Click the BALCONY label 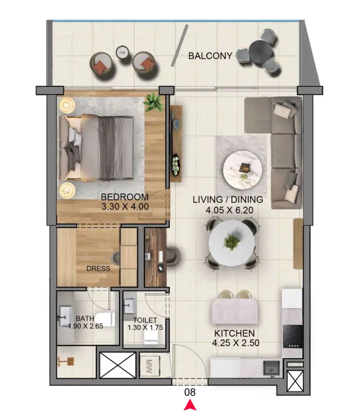click(x=210, y=56)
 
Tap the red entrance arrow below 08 click(x=190, y=404)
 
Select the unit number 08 click(x=190, y=392)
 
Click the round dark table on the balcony click(x=261, y=51)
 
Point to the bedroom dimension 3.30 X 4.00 click(x=125, y=207)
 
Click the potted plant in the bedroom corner click(x=153, y=102)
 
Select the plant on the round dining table click(x=232, y=242)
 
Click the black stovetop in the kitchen click(x=293, y=336)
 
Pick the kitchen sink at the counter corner click(x=271, y=368)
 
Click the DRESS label click(x=98, y=269)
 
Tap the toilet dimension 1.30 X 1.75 click(x=145, y=328)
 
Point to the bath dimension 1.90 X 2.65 click(x=85, y=326)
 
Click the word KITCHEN click(x=235, y=333)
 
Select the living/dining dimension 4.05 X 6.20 click(x=230, y=210)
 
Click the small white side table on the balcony click(x=123, y=52)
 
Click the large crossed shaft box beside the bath click(x=117, y=365)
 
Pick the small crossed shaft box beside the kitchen click(x=295, y=381)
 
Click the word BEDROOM click(x=125, y=197)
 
